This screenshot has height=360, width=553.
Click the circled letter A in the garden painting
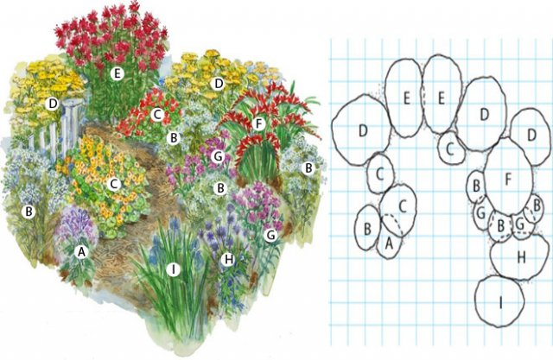pyautogui.click(x=82, y=252)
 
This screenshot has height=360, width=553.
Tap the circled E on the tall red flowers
pyautogui.click(x=117, y=73)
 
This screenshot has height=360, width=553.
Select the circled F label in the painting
pyautogui.click(x=259, y=124)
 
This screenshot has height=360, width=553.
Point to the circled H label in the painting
pyautogui.click(x=228, y=260)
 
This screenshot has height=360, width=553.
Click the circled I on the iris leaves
pyautogui.click(x=173, y=270)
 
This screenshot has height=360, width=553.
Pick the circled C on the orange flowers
pyautogui.click(x=114, y=184)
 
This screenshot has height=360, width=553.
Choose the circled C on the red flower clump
pyautogui.click(x=157, y=114)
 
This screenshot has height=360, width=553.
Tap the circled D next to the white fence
pyautogui.click(x=53, y=104)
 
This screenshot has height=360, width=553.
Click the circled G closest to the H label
pyautogui.click(x=270, y=235)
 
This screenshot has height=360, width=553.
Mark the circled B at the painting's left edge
pyautogui.click(x=29, y=212)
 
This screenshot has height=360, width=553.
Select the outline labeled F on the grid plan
pyautogui.click(x=508, y=177)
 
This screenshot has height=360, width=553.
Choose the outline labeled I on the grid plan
pyautogui.click(x=499, y=301)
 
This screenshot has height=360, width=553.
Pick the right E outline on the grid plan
pyautogui.click(x=442, y=94)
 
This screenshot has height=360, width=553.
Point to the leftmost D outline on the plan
pyautogui.click(x=363, y=131)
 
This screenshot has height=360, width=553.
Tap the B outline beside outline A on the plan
pyautogui.click(x=368, y=228)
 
